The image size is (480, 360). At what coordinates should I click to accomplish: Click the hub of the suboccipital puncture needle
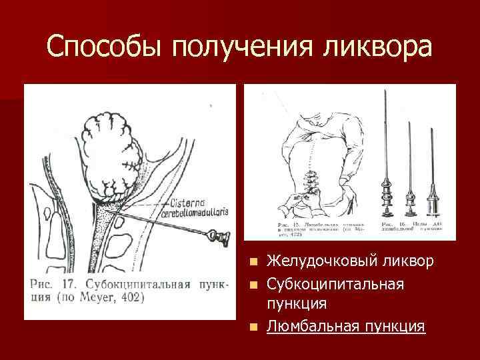[218, 234]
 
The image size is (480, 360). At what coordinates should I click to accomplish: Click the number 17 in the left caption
[69, 283]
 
